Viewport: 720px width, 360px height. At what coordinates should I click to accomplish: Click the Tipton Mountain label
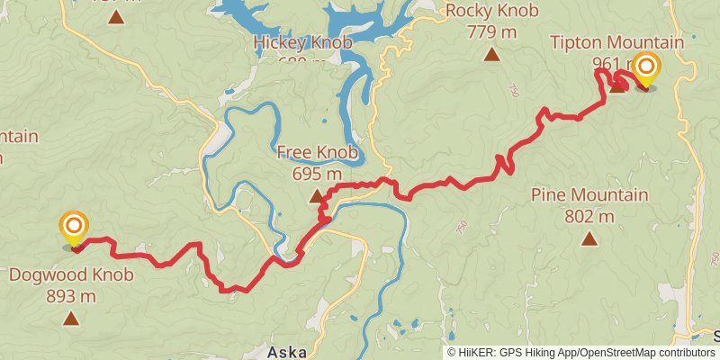click(x=616, y=43)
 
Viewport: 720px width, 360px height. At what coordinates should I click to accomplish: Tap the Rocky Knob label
click(x=491, y=12)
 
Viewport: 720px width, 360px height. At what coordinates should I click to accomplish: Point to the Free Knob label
click(x=317, y=153)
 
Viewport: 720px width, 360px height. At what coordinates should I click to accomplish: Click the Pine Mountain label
click(x=589, y=195)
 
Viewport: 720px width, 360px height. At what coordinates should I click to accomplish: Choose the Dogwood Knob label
click(x=71, y=275)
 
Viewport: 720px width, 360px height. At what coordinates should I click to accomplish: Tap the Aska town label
click(x=289, y=351)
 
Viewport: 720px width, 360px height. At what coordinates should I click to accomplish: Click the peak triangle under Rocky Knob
click(x=491, y=55)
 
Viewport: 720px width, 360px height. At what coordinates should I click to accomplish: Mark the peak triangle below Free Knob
click(x=317, y=196)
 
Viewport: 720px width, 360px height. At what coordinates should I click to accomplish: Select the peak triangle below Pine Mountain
click(x=589, y=238)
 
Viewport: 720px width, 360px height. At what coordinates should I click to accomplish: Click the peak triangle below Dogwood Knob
click(x=71, y=318)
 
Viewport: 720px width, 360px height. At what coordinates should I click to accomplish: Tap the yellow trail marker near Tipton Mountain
click(x=645, y=68)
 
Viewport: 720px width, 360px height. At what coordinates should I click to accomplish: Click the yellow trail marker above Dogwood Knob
click(x=73, y=226)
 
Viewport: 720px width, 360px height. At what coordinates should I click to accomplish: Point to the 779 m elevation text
click(x=491, y=31)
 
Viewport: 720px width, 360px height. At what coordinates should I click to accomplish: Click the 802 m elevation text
click(x=589, y=216)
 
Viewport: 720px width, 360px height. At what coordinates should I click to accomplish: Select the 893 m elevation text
click(x=71, y=295)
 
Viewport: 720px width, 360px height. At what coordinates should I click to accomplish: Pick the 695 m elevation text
click(x=317, y=174)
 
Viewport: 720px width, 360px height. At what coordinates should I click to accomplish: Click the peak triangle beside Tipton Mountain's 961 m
click(x=617, y=86)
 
